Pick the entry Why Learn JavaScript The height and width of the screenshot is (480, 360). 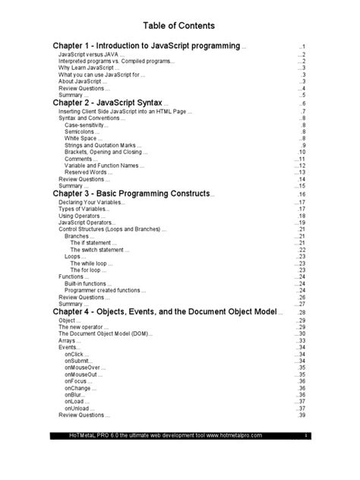[x=88, y=68]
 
